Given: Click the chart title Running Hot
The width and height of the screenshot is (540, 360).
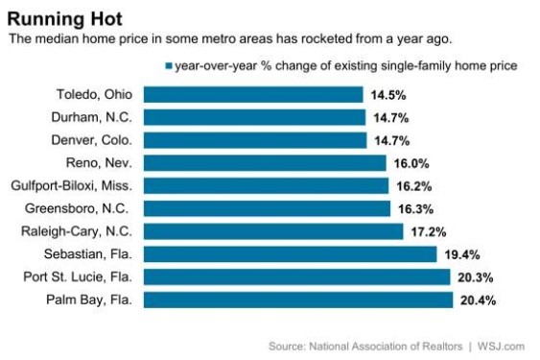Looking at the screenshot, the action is click(65, 19).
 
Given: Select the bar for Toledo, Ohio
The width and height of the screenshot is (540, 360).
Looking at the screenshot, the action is click(253, 94).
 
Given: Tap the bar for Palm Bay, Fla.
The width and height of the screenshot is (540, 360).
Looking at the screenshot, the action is click(298, 300).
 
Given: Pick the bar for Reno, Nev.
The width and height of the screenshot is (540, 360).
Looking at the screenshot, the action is click(265, 163).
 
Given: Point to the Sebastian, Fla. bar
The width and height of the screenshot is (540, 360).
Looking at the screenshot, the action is click(290, 254).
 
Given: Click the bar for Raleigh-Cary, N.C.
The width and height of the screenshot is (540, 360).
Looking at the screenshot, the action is click(273, 231).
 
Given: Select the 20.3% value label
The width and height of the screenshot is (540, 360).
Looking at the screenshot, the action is click(475, 277).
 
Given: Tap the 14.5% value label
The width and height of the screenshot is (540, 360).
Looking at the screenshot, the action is click(388, 95).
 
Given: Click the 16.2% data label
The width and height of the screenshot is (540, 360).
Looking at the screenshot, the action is click(414, 186).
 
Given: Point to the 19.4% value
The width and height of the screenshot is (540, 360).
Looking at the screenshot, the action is click(462, 254).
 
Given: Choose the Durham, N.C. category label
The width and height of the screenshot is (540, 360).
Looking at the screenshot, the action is click(92, 117).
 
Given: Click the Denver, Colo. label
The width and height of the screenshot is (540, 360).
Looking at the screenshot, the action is click(92, 140).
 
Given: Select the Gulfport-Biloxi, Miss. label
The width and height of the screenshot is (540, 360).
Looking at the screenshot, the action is click(72, 186).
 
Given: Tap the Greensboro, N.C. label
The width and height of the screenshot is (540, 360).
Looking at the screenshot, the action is click(77, 208).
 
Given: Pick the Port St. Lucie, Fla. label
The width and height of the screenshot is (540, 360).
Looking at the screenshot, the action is click(78, 276).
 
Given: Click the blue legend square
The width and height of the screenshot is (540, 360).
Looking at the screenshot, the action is click(169, 66).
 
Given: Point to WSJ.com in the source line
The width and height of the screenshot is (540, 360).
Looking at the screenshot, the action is click(501, 347).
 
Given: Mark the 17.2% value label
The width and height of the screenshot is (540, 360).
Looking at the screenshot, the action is click(429, 232).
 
